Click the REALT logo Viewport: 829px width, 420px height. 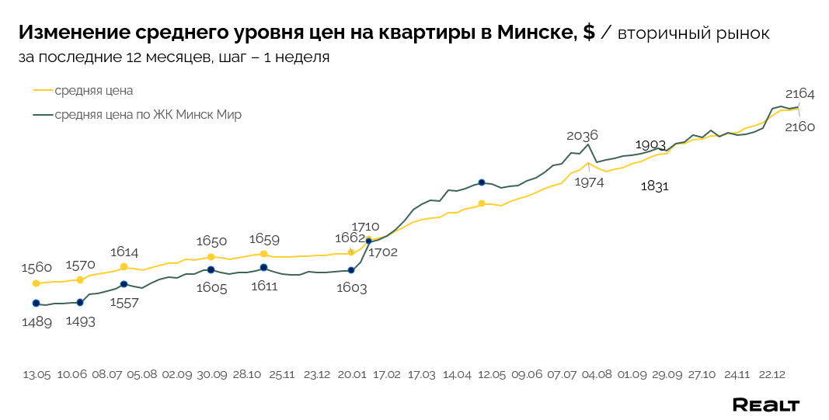point(766,404)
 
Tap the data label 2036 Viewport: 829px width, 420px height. point(582,135)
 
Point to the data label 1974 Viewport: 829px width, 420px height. point(589,182)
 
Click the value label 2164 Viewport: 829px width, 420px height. point(799,94)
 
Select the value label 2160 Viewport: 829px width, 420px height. point(799,127)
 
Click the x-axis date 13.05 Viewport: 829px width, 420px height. point(37,374)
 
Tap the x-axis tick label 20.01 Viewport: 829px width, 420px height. point(352,374)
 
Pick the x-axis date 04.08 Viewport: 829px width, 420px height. point(597,374)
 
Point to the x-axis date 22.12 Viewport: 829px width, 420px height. point(772,374)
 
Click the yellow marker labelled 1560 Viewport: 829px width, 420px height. point(36,283)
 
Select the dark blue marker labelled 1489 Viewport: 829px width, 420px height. point(36,304)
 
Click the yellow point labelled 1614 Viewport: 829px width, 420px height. point(124,266)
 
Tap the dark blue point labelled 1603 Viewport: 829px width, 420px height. point(351,270)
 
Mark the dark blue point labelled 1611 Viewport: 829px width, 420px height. point(263,268)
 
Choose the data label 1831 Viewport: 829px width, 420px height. point(655,186)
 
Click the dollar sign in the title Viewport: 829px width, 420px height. point(588,33)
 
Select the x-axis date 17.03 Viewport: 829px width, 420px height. point(422,374)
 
